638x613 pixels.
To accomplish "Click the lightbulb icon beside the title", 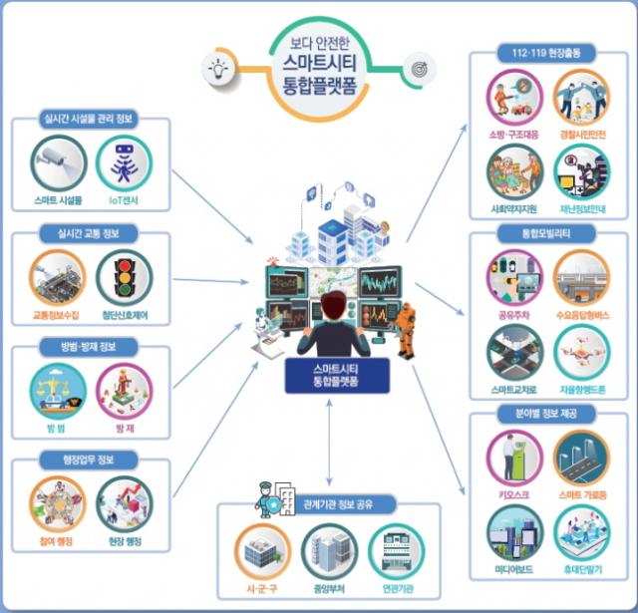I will (216, 68).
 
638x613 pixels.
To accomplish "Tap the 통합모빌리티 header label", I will (546, 233).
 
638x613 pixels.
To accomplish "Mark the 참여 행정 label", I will (56, 541).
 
